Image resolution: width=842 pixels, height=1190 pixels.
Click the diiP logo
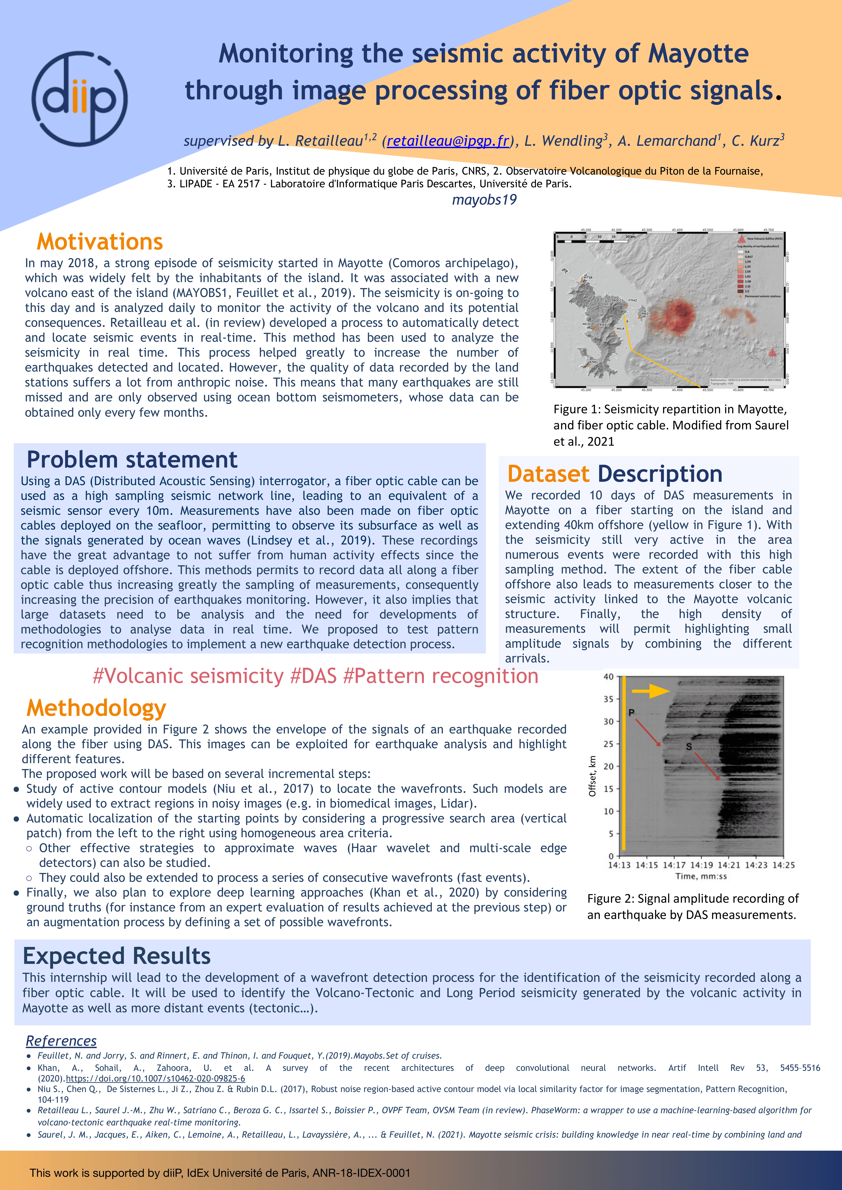tap(79, 98)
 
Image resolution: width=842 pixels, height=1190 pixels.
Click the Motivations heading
tap(100, 242)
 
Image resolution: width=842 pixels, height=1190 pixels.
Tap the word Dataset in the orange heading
tap(548, 474)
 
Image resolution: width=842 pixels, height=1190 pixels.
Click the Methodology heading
tap(97, 708)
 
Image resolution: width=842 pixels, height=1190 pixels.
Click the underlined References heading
tap(61, 1041)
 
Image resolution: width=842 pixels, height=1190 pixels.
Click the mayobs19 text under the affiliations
tap(484, 200)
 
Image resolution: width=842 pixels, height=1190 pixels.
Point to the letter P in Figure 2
tap(631, 713)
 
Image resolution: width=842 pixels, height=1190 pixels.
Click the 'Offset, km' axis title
tap(592, 776)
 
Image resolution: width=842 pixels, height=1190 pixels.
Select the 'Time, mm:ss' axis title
tap(701, 876)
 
